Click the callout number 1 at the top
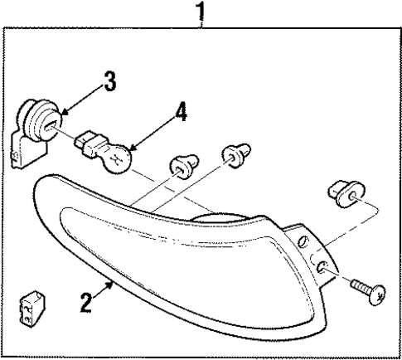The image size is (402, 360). point(200,12)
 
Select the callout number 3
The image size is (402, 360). point(110,81)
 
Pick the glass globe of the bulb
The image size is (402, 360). point(121,157)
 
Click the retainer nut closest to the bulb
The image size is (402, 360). point(180,166)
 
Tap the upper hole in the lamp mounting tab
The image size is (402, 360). point(304,241)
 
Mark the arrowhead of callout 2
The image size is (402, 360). point(115,283)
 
